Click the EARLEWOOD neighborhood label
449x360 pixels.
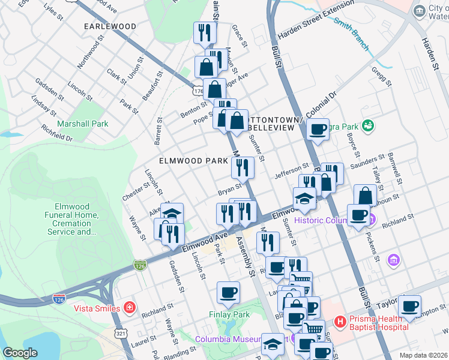click(x=110, y=26)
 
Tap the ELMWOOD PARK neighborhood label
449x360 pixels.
click(x=193, y=161)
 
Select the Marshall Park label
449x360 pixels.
click(x=82, y=124)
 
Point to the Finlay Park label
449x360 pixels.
click(x=229, y=314)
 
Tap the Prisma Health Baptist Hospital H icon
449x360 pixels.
click(x=340, y=322)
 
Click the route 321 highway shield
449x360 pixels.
click(x=121, y=333)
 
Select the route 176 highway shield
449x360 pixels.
click(x=197, y=91)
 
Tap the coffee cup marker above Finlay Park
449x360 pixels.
click(x=229, y=292)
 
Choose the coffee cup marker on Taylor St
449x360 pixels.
click(x=409, y=306)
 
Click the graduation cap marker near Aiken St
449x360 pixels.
click(x=172, y=214)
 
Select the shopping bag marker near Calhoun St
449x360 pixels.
click(x=365, y=195)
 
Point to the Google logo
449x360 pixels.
click(x=20, y=353)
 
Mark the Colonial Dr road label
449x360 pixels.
click(x=323, y=105)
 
